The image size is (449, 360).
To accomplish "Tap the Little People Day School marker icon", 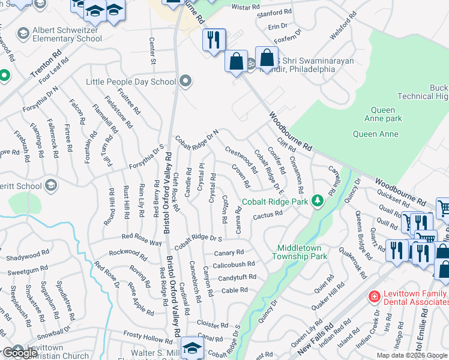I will (186, 81).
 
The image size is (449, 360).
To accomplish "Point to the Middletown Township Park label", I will (302, 252).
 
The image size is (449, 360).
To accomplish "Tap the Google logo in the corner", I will (19, 353).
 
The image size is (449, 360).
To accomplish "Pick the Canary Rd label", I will (229, 253).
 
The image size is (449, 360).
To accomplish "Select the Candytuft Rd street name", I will (237, 278).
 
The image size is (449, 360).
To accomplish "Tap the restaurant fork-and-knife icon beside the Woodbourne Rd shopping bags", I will (214, 40).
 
